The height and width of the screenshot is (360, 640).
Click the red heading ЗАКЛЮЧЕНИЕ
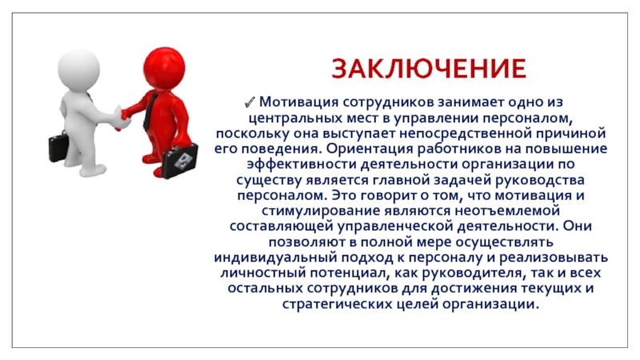(429, 68)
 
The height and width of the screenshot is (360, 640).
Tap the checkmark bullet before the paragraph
(250, 102)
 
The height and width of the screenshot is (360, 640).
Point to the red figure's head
(164, 67)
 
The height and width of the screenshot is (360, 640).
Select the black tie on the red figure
(149, 111)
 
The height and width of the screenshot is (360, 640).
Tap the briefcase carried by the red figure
(180, 161)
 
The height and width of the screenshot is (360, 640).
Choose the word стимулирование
(321, 211)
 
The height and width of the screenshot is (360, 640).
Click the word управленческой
(394, 226)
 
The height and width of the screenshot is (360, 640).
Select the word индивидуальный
(275, 258)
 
